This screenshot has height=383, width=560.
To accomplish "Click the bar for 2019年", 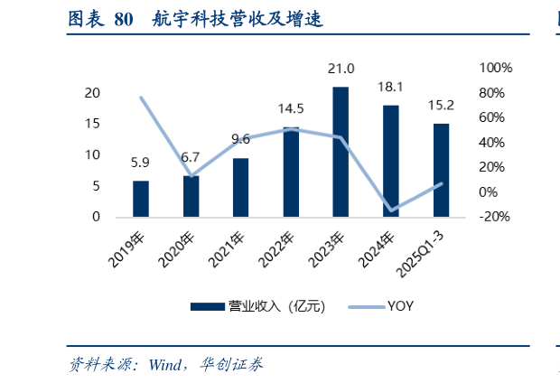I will point(141,199).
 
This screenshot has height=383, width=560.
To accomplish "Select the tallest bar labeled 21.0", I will point(341,152).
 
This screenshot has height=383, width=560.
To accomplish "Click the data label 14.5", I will point(291,108).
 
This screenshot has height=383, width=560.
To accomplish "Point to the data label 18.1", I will point(390,87).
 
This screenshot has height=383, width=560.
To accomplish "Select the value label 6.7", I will point(191,156).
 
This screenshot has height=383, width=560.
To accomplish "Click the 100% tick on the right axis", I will point(495,69).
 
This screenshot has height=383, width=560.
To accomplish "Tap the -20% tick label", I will point(494,217).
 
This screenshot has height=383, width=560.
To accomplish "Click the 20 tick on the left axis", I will point(91,94).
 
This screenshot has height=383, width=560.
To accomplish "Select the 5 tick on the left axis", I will point(95,186).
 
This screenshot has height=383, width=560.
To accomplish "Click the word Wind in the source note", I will point(164,365).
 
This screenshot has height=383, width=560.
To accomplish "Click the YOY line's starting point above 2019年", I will point(141,98).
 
